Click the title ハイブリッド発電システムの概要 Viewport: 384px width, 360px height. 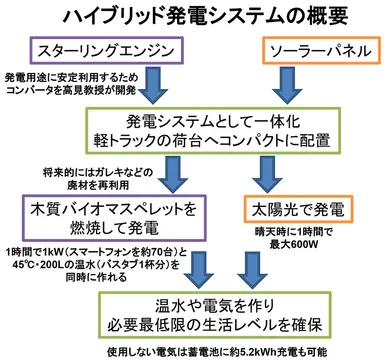point(191,17)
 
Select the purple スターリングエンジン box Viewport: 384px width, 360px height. point(91,50)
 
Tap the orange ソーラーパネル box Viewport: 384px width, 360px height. point(314,50)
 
